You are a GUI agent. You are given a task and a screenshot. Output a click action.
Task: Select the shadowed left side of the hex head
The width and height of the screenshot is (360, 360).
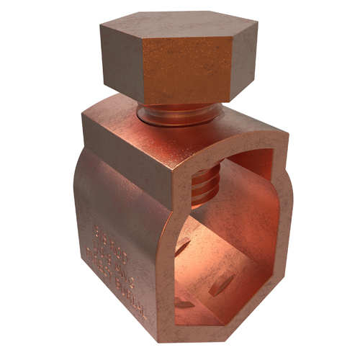120,58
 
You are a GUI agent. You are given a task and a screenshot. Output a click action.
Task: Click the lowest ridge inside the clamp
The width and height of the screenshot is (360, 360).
184,303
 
